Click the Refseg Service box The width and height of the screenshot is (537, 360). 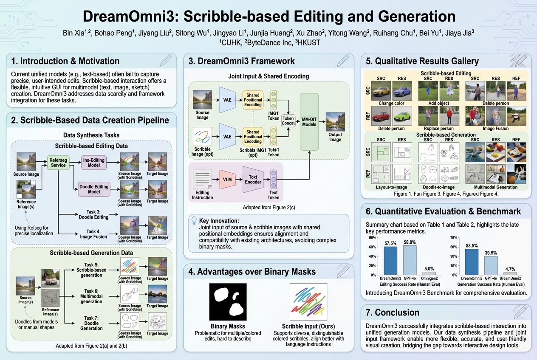point(58,162)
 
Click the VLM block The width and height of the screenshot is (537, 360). point(227,180)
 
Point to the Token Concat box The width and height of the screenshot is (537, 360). point(288,121)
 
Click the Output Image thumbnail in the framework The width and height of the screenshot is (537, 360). point(335,121)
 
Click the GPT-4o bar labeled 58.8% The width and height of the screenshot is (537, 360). point(410,260)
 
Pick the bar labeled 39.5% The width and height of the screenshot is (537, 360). point(491,265)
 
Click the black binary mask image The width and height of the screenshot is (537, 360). point(228,302)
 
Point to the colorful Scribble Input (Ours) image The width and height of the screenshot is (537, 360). point(308,302)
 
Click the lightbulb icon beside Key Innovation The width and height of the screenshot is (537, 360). point(195,221)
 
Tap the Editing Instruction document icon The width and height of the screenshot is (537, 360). point(202,179)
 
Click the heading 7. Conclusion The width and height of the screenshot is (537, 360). point(392,312)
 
